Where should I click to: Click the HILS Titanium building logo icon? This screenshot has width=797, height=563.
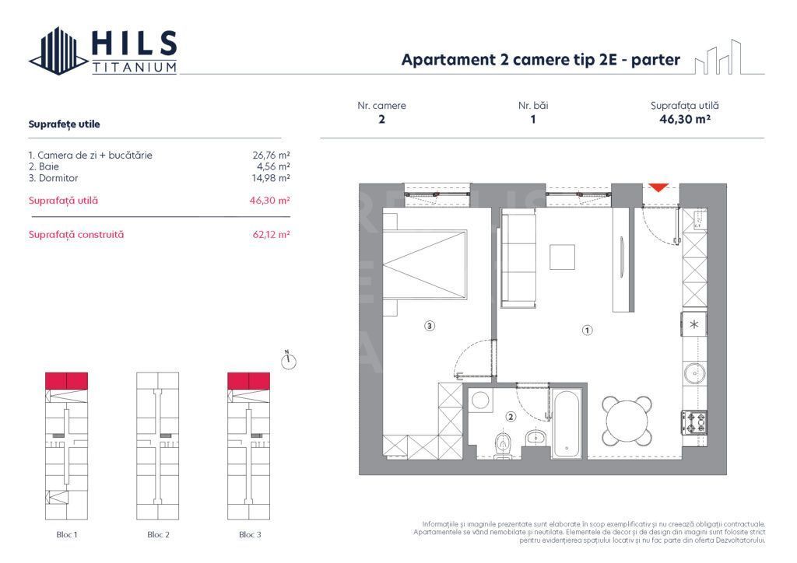[x=58, y=51]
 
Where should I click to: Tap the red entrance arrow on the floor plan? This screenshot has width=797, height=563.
[x=658, y=187]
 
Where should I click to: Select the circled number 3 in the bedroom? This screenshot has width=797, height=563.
[x=430, y=327]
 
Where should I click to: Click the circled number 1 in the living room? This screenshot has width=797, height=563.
[x=588, y=330]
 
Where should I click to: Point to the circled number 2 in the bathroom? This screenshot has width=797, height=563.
[x=511, y=417]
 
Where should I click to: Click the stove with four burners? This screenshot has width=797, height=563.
[x=694, y=423]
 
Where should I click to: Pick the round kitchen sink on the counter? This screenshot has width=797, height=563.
[x=694, y=374]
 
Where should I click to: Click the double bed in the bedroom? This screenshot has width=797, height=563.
[x=425, y=264]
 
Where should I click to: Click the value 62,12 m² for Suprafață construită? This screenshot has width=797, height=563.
[x=268, y=234]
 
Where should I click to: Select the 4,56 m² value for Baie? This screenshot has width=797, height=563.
[x=272, y=166]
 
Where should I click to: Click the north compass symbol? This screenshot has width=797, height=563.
[x=289, y=360]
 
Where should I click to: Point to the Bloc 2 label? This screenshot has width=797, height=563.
[x=158, y=535]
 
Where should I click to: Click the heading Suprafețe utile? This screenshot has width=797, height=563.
[x=64, y=124]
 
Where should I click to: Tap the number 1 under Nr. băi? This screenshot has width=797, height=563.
[x=533, y=120]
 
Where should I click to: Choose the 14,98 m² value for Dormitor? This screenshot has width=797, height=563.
[x=269, y=177]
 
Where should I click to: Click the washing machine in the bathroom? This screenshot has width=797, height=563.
[x=482, y=402]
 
